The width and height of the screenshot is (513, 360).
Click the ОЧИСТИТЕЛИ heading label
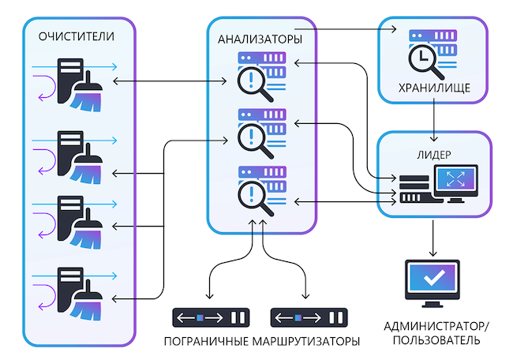76,36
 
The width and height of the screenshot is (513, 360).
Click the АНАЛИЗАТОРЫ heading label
260,39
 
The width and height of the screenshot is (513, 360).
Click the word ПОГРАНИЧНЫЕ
207,342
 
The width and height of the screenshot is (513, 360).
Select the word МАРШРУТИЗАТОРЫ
307,342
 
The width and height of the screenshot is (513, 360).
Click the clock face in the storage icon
421,58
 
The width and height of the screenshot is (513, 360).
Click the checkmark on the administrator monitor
431,279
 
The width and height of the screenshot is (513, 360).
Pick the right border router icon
309,318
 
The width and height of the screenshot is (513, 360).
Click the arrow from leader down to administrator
432,236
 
